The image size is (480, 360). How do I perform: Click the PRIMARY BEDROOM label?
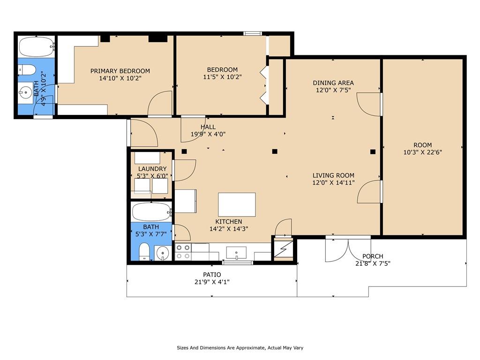pos(120,71)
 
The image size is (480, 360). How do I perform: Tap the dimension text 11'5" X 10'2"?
pos(222,77)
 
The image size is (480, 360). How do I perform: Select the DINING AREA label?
pos(333,82)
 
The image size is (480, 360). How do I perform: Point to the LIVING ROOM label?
pos(333,175)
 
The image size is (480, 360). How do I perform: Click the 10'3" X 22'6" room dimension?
pos(422,152)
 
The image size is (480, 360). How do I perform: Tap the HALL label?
pos(208,127)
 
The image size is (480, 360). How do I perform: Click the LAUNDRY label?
pos(152,169)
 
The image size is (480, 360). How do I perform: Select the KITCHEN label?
pos(229,222)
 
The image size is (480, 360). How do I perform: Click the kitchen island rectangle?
pos(237,204)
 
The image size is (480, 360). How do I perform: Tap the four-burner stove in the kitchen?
pos(183,252)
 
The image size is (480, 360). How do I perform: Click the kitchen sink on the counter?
pos(236,253)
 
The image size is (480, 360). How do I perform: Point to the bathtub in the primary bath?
pos(37,46)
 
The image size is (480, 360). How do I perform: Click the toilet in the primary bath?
pos(27,70)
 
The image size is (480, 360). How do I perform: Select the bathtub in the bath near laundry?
pos(151,212)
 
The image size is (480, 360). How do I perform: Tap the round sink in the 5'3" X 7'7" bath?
pos(163,253)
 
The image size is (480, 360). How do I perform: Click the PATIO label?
pos(212,275)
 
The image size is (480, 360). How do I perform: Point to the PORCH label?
pos(373,256)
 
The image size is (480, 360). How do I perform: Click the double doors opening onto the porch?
pos(348,249)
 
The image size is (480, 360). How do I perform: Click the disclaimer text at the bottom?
pos(240,348)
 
